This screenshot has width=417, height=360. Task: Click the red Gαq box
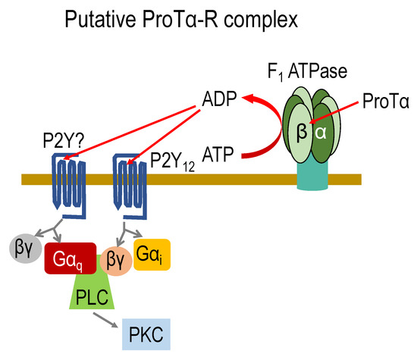tap(70, 258)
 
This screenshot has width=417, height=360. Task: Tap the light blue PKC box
tap(146, 333)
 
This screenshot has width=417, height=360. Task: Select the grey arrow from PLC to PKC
tap(106, 321)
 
